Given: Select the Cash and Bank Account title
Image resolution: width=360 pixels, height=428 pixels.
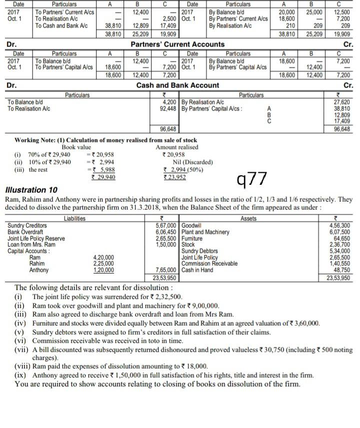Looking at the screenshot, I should click(x=177, y=85).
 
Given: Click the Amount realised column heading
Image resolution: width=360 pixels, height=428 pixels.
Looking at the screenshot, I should click(x=177, y=147).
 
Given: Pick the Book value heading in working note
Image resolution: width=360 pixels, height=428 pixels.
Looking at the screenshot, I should click(x=76, y=147).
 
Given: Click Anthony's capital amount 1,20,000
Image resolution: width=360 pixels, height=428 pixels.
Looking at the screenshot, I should click(x=103, y=270).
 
